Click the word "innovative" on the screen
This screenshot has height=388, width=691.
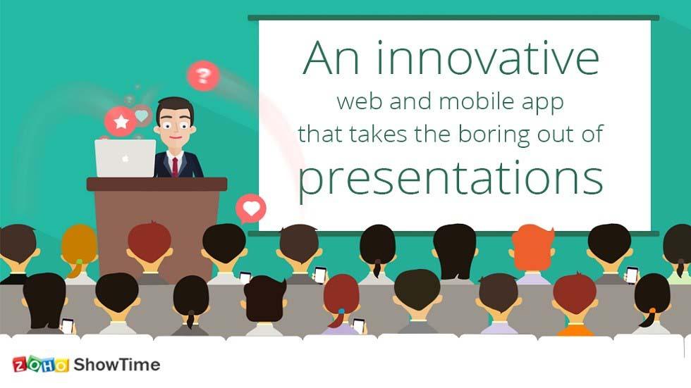487,58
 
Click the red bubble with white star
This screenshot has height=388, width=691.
121,122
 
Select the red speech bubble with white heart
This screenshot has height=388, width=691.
251,208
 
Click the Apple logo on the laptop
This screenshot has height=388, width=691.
125,158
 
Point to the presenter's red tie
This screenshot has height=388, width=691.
174,166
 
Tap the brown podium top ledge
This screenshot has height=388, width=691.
157,184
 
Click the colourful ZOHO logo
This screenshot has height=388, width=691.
40,365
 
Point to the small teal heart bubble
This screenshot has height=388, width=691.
142,115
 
